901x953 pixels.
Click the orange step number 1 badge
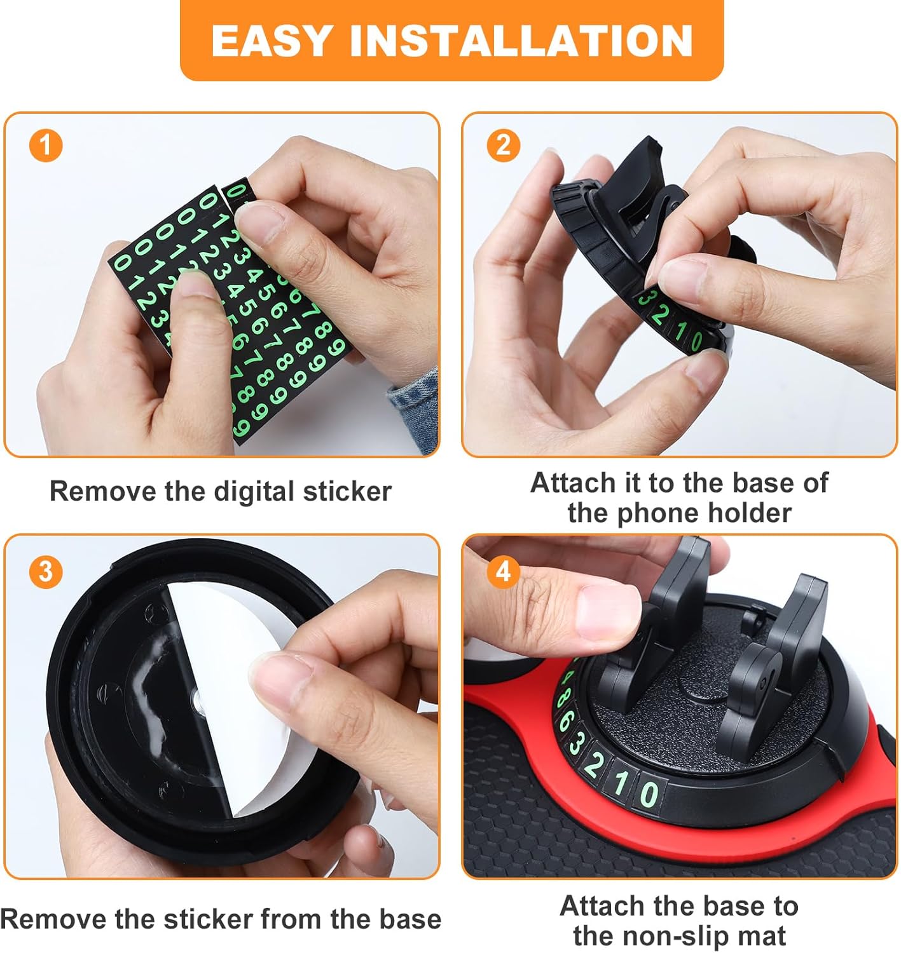click(46, 145)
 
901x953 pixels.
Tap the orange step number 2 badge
click(503, 145)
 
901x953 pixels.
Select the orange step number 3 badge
click(46, 571)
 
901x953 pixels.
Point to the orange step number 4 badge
click(503, 571)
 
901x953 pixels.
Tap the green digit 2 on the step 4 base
click(593, 765)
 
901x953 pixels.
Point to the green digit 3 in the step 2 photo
click(646, 299)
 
